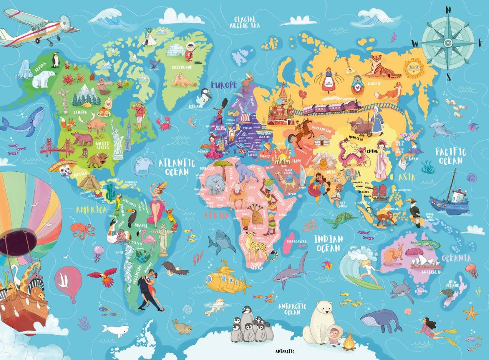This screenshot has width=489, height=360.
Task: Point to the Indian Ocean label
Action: [328, 243]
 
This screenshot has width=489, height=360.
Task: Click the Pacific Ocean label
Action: [450, 156]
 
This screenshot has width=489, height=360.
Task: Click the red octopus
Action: [81, 230]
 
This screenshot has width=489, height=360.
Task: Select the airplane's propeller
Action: [65, 22]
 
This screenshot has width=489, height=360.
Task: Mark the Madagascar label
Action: [296, 241]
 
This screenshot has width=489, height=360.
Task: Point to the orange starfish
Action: [471, 313]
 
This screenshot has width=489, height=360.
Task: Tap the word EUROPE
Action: [223, 85]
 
